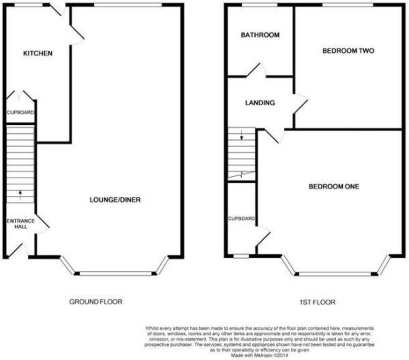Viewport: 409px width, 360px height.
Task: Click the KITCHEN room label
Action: coord(37,54)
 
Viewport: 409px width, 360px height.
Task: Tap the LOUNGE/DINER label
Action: coord(115,200)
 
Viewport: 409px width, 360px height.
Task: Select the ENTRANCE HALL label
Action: coord(21,224)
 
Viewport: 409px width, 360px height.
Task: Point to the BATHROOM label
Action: coord(260,35)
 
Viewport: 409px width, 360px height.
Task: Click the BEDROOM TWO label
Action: coord(348,51)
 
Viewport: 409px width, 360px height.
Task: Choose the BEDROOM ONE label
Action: coord(334,186)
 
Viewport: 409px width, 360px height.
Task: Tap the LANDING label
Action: coord(260,103)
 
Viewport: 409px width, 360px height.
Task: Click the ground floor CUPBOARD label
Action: coord(20,112)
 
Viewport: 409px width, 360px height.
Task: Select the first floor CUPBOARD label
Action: coord(241,219)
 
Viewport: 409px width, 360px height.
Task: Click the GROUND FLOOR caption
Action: coord(95,302)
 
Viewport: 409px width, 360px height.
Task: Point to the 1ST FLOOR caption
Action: coord(317,302)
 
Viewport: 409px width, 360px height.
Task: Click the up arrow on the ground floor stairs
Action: coord(20,195)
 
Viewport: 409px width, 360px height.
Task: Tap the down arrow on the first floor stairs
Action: coord(242,135)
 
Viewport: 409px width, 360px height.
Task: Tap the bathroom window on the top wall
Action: coord(260,5)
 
